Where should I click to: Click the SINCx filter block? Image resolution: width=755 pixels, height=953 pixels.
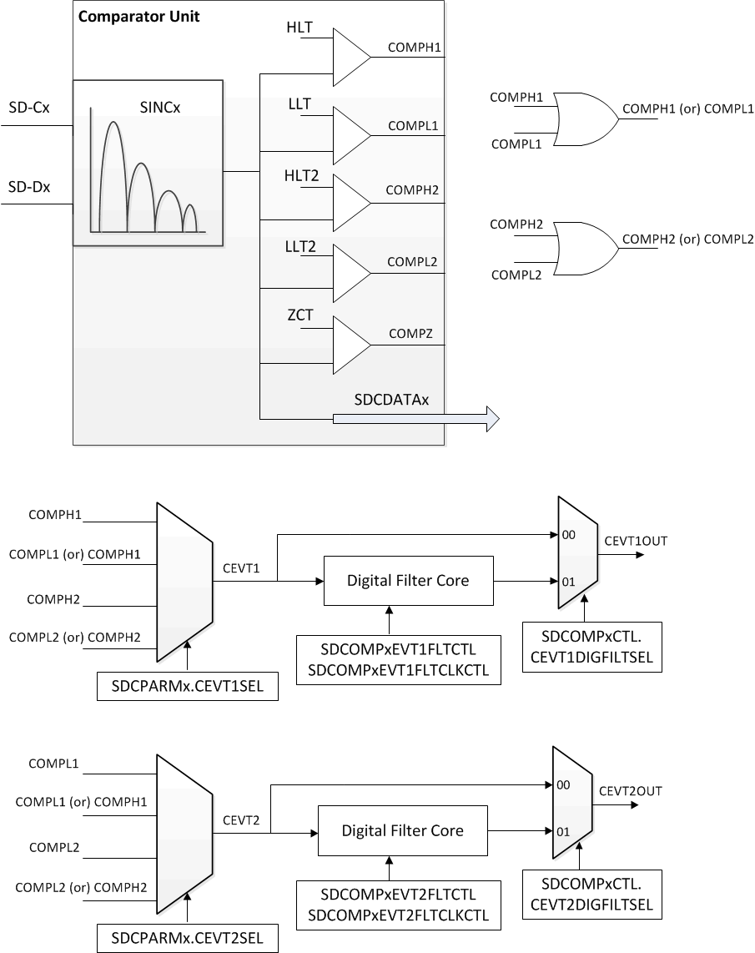point(148,163)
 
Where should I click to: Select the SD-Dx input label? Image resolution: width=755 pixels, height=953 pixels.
point(28,187)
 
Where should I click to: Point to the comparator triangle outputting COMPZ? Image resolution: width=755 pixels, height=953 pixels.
point(350,345)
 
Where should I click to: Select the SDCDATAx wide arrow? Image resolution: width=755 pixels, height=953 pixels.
point(415,417)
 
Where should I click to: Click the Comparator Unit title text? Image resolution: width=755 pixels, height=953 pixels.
point(138,17)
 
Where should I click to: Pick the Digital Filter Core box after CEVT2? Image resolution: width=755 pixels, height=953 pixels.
point(402,831)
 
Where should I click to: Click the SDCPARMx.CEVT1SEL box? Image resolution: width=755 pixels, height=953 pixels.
point(187,688)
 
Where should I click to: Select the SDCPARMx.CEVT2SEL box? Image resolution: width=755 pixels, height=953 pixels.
point(187,938)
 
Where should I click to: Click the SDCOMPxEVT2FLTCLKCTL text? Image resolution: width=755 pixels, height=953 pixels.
point(397,916)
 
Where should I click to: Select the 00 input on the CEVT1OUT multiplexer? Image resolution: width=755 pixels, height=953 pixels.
point(570,535)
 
